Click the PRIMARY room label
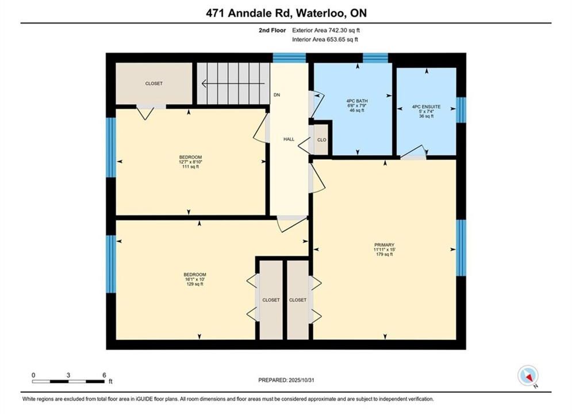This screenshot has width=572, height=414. pos(384,245)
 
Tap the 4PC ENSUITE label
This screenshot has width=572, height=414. pos(426,107)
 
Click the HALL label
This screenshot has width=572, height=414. pos(289,139)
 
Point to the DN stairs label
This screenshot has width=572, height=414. pos(277,95)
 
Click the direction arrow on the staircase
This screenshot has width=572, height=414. pos(233,83)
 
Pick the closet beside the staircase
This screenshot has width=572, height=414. pos(154,83)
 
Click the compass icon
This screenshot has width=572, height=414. pos(528,375)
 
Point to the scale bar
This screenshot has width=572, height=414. pos(68,382)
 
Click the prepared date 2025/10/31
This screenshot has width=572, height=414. pos(301,380)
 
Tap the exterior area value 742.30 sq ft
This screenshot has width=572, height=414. pos(342,30)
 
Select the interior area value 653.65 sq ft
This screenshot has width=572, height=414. pos(341,40)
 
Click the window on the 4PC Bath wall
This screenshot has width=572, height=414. pos(375,58)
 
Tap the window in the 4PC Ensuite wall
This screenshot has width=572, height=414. pos(461,110)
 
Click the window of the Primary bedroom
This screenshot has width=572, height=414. pos(461,248)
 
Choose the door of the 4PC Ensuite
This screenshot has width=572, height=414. pos(413,153)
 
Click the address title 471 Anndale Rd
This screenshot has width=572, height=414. pos(248,13)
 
